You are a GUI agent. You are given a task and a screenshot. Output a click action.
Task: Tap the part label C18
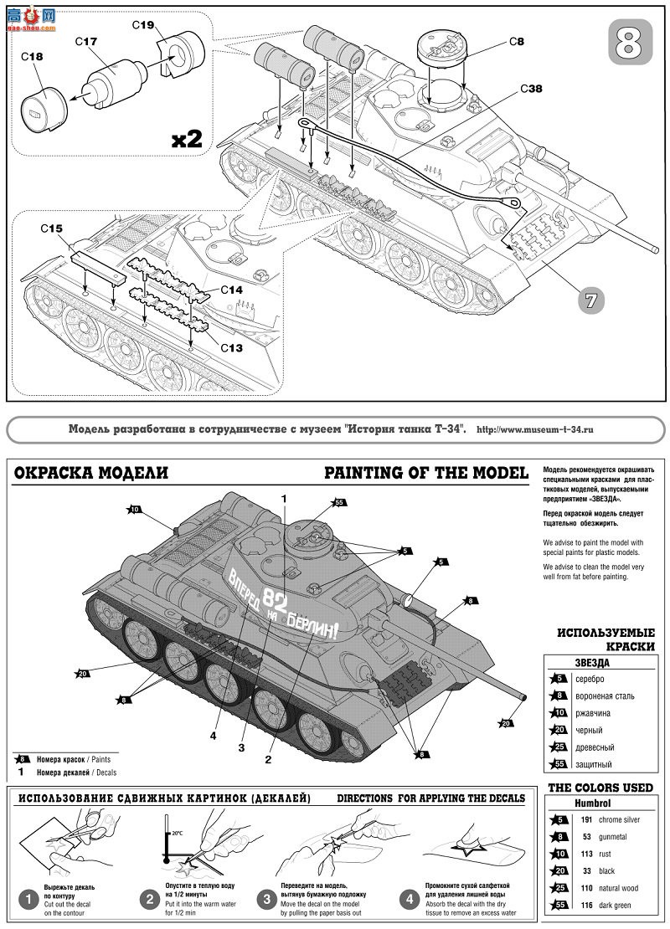32,57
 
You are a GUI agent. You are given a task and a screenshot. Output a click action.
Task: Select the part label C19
143,25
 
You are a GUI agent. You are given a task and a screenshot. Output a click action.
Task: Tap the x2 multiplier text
187,138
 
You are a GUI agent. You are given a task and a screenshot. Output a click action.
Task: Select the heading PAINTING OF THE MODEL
425,473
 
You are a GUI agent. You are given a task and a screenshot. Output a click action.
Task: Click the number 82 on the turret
274,598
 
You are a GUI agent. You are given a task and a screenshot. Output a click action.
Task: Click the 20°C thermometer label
177,834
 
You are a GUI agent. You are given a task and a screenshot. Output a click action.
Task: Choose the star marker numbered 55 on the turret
339,503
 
